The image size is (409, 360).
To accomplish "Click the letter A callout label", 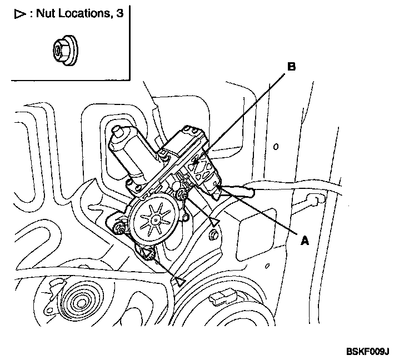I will pyautogui.click(x=305, y=241).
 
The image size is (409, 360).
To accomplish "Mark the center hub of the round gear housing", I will pyautogui.click(x=151, y=219).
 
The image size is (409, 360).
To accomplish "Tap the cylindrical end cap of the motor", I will pyautogui.click(x=118, y=134).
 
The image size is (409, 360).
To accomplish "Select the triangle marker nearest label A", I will pyautogui.click(x=214, y=222).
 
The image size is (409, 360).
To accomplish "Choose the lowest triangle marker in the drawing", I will pyautogui.click(x=179, y=281).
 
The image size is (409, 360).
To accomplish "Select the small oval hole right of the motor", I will pyautogui.click(x=275, y=147).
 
